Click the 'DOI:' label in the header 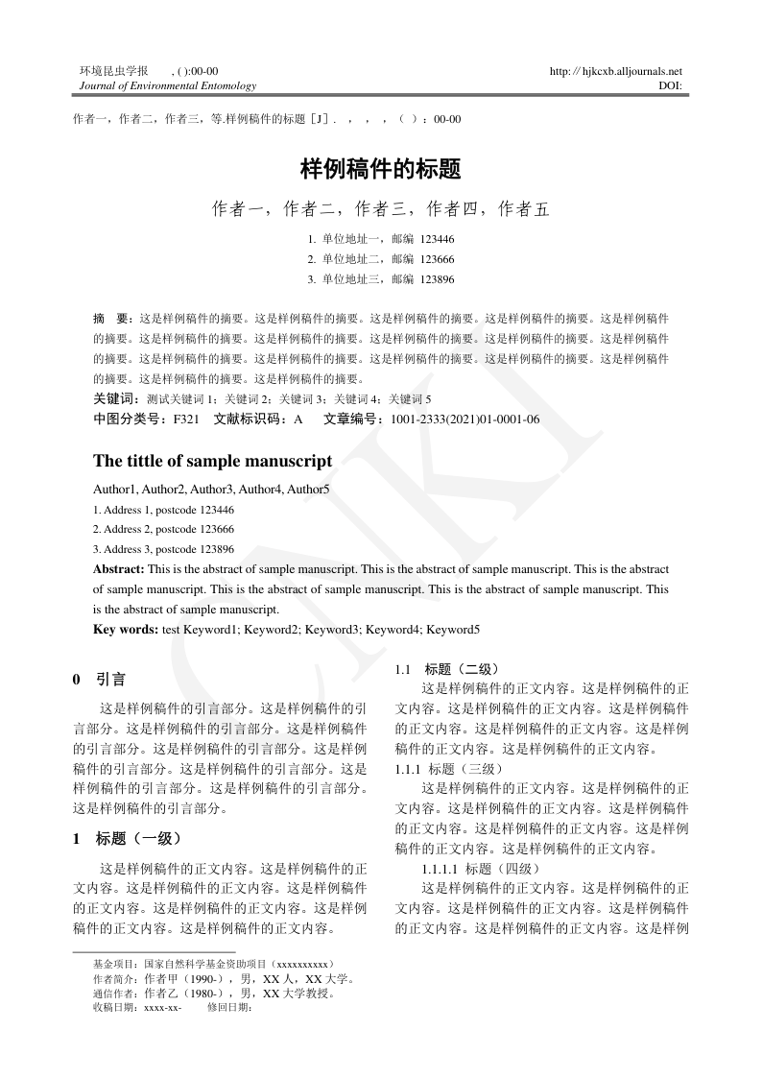[671, 85]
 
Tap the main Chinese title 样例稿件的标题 [381, 171]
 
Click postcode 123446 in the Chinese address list [438, 239]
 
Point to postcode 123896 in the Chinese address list [438, 279]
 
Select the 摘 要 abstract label [110, 317]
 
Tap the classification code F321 [186, 419]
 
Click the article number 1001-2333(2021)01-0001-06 [464, 419]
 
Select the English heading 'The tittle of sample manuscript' [212, 461]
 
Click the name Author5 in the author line [308, 490]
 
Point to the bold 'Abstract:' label [119, 569]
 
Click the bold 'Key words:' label [126, 630]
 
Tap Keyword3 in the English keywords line [333, 630]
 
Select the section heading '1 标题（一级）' [127, 838]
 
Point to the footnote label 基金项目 [114, 963]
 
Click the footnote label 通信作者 [114, 994]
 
